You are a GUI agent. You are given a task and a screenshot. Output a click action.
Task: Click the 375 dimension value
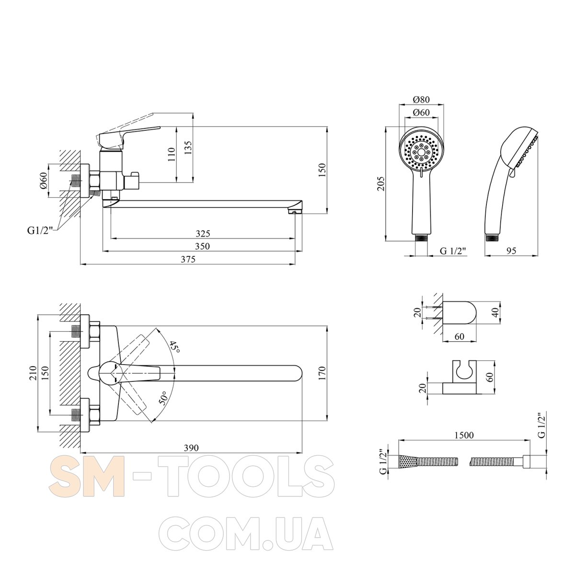188,259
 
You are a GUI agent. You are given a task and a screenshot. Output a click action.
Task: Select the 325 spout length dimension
203,233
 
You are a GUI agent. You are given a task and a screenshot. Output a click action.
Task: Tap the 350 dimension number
203,246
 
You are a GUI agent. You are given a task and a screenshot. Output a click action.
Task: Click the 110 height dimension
172,154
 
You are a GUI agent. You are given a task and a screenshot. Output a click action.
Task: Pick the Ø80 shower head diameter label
421,99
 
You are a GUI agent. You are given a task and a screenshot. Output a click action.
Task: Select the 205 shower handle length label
381,184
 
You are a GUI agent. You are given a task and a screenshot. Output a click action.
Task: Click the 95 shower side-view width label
511,251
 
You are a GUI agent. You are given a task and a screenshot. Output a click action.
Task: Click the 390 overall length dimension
191,448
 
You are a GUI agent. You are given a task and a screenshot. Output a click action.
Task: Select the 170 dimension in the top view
322,373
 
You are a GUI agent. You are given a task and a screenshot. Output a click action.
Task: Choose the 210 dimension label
33,373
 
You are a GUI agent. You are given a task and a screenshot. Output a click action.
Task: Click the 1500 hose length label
464,436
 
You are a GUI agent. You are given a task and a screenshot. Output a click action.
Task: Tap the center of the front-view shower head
421,151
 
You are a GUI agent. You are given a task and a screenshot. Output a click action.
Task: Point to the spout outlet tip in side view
294,212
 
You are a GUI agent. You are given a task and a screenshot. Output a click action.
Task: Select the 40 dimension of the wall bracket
495,312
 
